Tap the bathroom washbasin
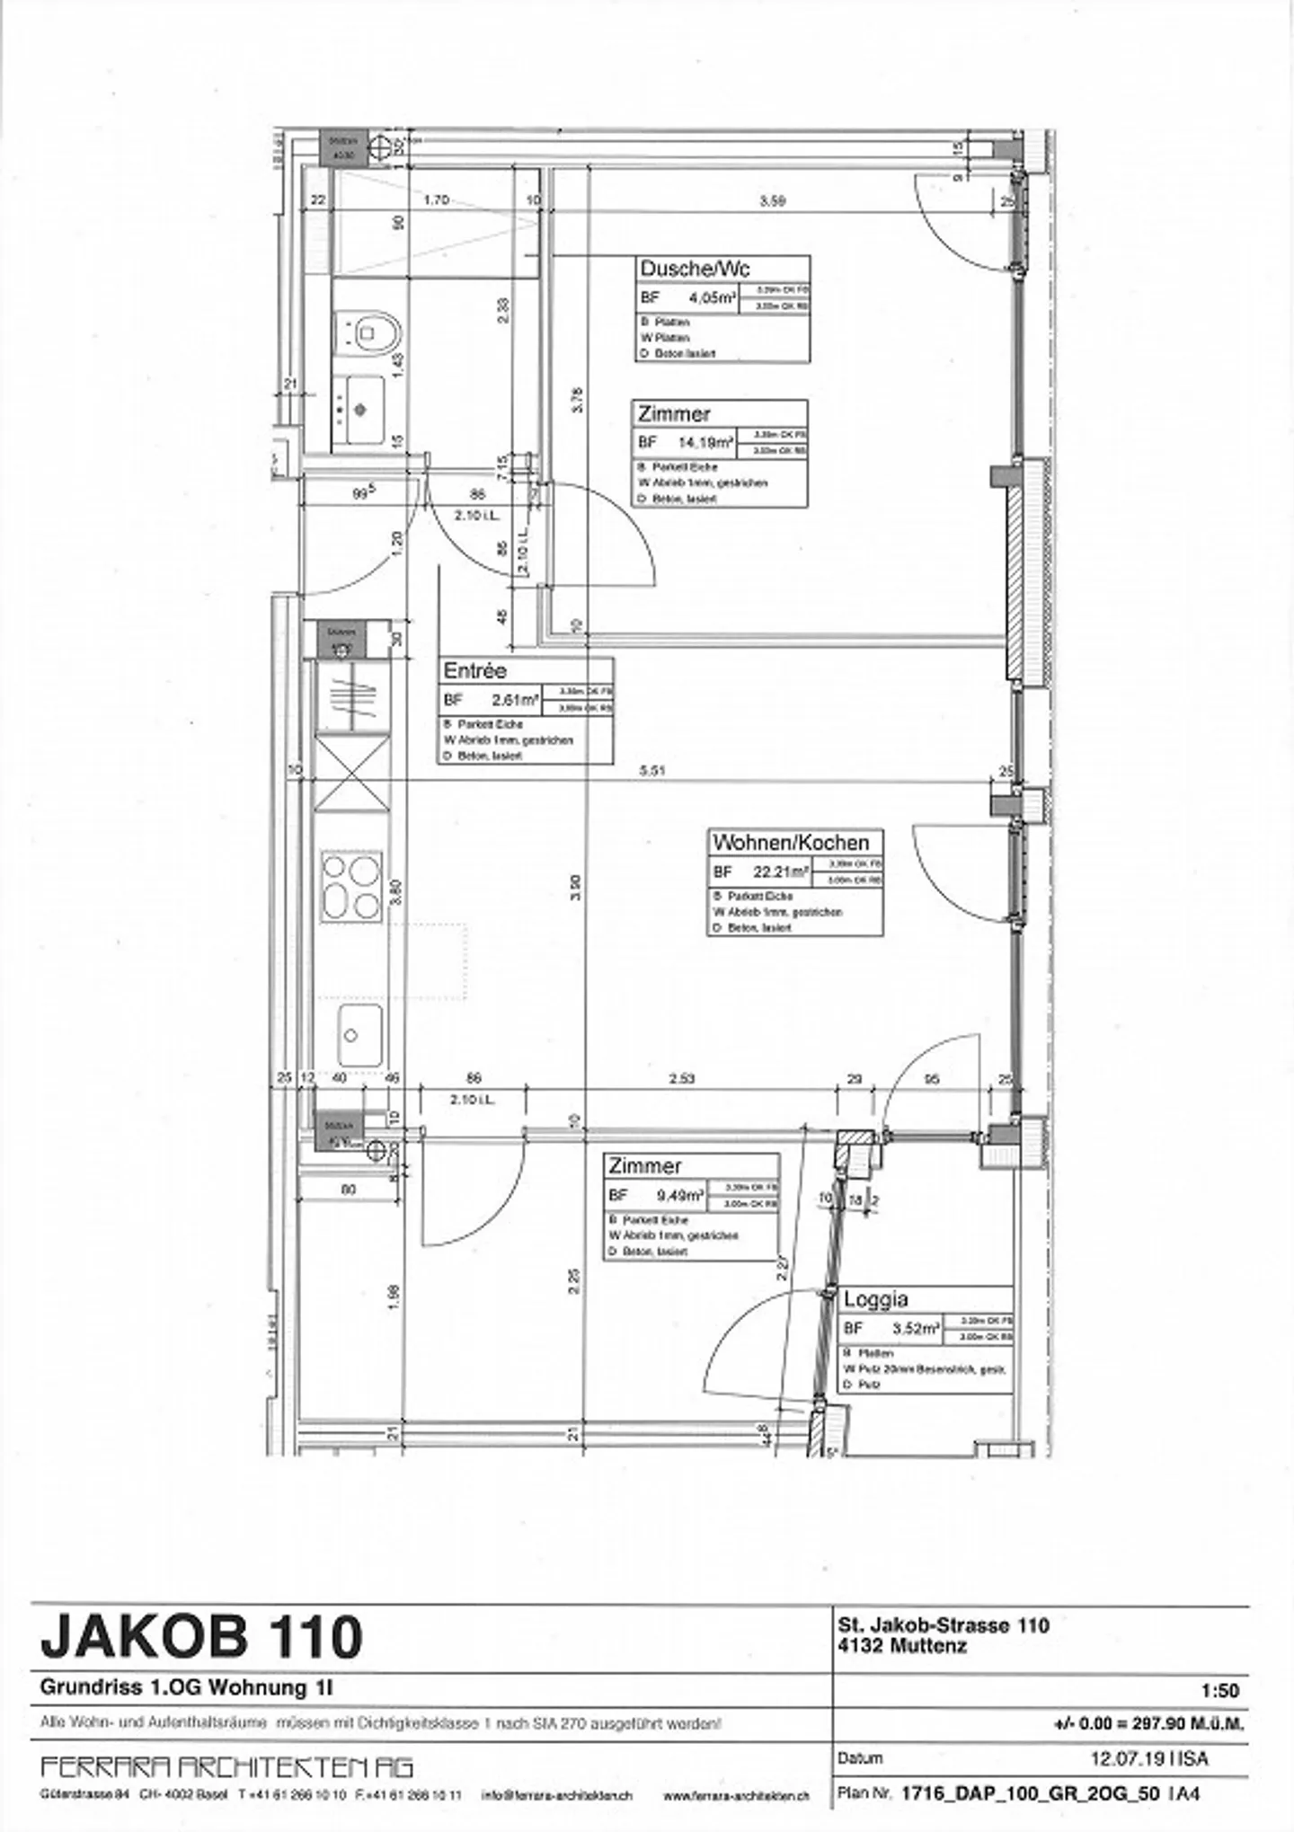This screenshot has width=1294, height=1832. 360,409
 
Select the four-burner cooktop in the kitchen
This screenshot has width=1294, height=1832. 351,887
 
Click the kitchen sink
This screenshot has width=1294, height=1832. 359,1035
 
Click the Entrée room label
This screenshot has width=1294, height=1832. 474,671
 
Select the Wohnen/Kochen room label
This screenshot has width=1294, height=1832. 791,843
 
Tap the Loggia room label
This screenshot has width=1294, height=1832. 875,1299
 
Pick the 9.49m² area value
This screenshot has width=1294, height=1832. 679,1196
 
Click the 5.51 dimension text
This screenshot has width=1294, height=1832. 652,770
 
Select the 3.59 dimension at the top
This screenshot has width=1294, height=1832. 772,201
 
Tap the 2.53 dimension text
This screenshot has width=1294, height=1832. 682,1078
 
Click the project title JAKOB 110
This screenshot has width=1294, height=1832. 201,1636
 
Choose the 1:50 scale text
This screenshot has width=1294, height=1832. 1219,1690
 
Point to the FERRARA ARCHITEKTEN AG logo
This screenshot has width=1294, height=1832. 226,1767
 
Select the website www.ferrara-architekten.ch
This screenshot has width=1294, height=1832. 736,1795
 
